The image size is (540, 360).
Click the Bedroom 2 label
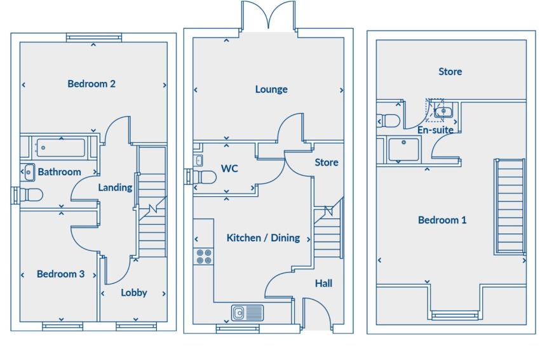coord(91,83)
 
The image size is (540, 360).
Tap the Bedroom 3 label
coord(60,274)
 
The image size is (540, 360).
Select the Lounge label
coord(271,90)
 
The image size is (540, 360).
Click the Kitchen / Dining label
coord(263,238)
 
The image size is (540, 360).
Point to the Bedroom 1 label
coord(442,220)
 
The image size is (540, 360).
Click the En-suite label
coord(435,130)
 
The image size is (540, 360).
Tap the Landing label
coord(115,187)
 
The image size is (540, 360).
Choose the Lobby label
coord(134,293)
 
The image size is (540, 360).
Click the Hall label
coord(323,283)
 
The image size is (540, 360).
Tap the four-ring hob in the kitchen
coord(204,256)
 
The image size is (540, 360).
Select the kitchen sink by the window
coord(247,312)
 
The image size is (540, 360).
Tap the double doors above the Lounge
coord(269,15)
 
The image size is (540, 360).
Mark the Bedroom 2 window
coord(93,37)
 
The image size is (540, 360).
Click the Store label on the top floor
coord(450,72)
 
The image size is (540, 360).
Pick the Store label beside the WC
coord(326,163)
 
